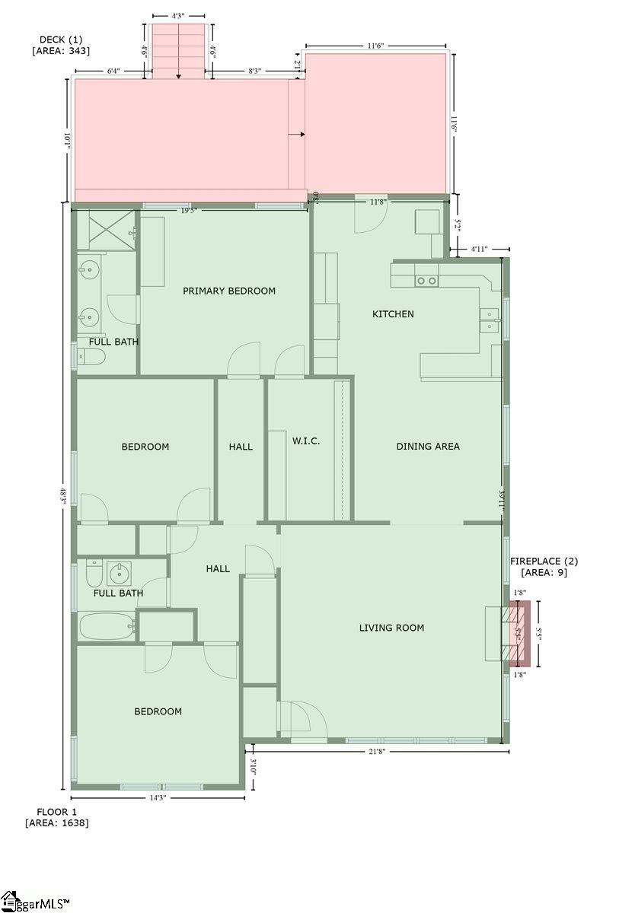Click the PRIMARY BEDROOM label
tap(228, 291)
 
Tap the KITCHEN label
tap(393, 313)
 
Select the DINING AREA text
tap(428, 447)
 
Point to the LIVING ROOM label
tap(391, 628)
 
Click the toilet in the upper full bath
tap(82, 355)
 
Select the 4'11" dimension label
tap(479, 249)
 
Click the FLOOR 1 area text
tap(57, 817)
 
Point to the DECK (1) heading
tap(61, 45)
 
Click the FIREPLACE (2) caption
tap(544, 567)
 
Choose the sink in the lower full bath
tap(118, 573)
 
